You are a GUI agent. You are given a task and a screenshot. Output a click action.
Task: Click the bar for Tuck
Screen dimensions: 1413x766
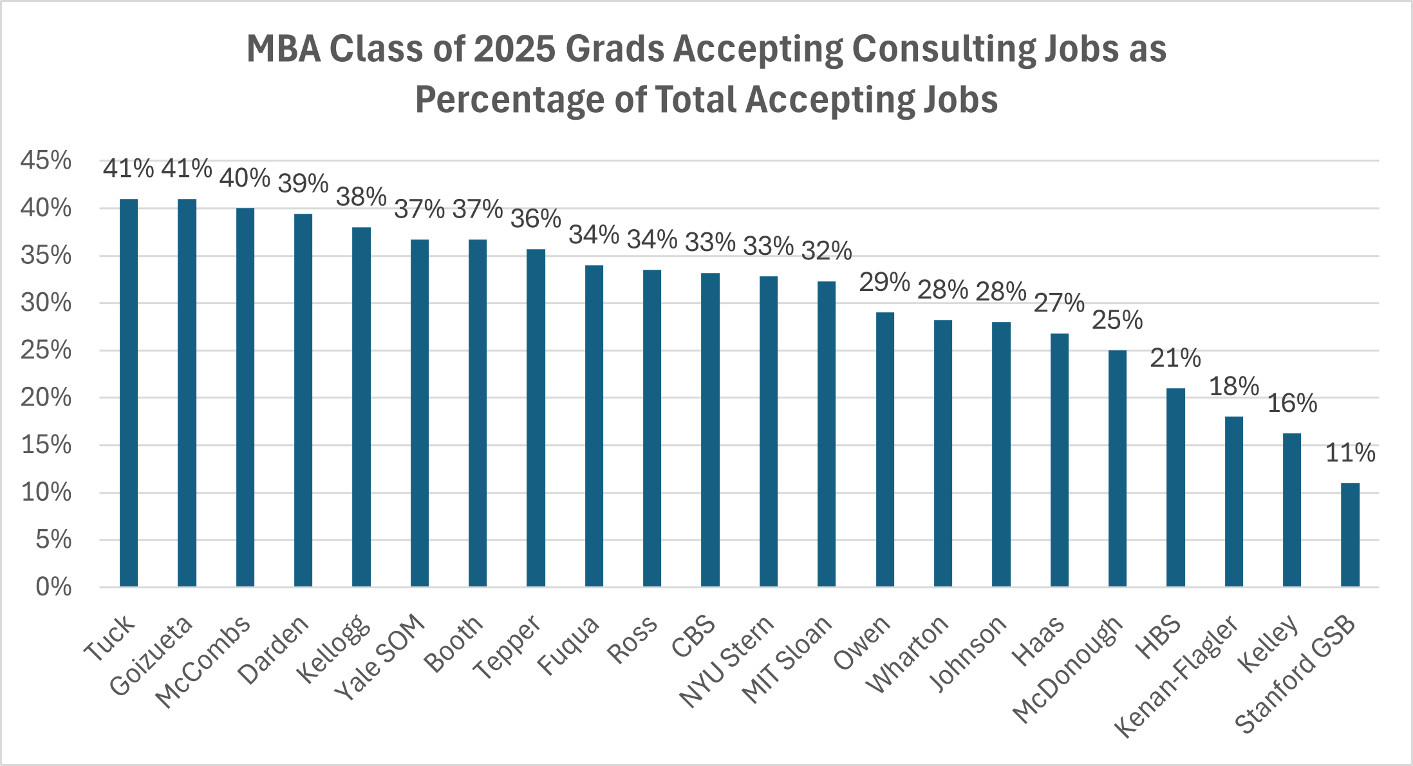click(129, 393)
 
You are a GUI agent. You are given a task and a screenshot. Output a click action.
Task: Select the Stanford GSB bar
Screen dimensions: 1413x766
click(1350, 534)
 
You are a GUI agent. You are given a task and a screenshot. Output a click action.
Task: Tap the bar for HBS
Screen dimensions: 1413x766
click(1175, 487)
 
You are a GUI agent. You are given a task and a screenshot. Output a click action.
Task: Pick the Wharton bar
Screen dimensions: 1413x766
click(943, 453)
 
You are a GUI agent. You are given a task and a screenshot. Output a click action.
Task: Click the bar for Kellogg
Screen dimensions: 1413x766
click(361, 407)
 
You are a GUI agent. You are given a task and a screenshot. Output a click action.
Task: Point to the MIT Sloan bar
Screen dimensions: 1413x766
click(827, 434)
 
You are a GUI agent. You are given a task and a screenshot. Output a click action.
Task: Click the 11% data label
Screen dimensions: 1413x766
click(1350, 453)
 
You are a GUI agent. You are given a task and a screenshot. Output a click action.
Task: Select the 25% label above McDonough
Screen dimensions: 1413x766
click(1118, 320)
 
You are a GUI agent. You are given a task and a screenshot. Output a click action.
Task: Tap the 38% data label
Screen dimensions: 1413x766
click(361, 197)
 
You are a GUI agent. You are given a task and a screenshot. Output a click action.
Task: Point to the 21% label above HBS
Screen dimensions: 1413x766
click(1175, 358)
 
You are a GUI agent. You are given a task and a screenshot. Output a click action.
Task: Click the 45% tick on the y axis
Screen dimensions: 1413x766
click(46, 160)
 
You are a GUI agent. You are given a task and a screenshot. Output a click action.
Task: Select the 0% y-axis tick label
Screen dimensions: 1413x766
click(53, 587)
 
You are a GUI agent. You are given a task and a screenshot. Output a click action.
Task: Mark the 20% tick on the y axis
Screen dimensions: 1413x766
click(46, 397)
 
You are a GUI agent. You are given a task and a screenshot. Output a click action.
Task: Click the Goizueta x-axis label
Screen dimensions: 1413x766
click(151, 655)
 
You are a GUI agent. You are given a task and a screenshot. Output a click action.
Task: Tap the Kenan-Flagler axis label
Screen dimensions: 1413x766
click(1177, 676)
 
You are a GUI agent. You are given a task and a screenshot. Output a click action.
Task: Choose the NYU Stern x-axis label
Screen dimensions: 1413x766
click(727, 661)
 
